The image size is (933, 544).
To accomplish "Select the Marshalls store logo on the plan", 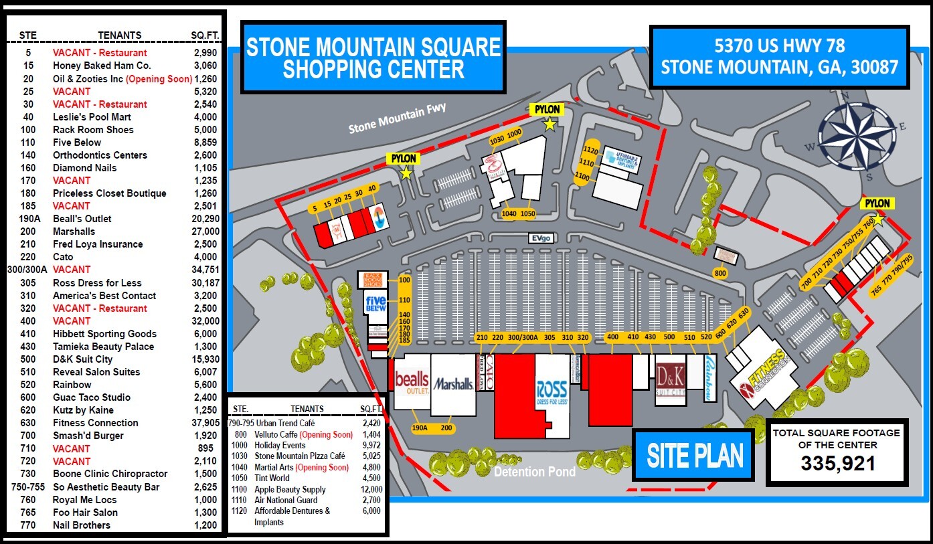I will (453, 384).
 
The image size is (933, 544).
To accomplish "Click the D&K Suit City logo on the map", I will (671, 379).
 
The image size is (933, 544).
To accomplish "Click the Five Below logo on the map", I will (375, 305).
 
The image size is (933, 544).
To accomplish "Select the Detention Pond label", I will (535, 472).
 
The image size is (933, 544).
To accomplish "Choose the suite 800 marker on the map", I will (720, 273).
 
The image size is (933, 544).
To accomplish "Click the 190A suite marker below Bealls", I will (420, 428).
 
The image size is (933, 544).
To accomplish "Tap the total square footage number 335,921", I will (838, 463).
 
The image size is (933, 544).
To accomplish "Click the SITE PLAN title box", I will (695, 455).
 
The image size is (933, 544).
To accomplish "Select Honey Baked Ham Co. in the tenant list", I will (102, 66).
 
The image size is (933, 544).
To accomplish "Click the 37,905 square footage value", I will (205, 423).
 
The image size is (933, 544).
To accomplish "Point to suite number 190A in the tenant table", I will (28, 219).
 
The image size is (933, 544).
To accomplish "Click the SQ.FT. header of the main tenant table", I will (205, 35).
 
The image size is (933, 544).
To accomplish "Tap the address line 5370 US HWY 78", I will (780, 46).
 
